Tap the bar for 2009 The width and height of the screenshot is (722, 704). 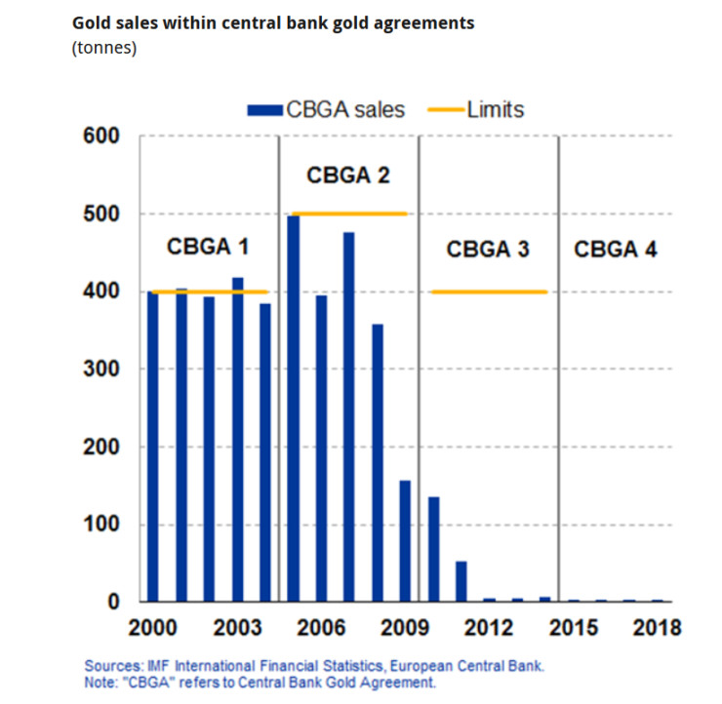click(x=405, y=541)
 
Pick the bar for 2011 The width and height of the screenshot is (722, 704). click(x=461, y=582)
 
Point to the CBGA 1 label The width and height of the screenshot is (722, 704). click(x=208, y=248)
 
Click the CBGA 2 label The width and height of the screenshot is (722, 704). click(x=348, y=176)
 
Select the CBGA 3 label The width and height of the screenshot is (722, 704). click(x=488, y=249)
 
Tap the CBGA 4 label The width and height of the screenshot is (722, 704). click(x=615, y=249)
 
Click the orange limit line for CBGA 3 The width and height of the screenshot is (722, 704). click(x=488, y=292)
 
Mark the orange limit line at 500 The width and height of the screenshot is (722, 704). click(x=348, y=214)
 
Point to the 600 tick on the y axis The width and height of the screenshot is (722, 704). click(x=100, y=137)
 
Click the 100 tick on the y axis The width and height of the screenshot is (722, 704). click(x=100, y=525)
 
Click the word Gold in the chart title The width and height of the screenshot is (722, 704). click(x=93, y=21)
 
